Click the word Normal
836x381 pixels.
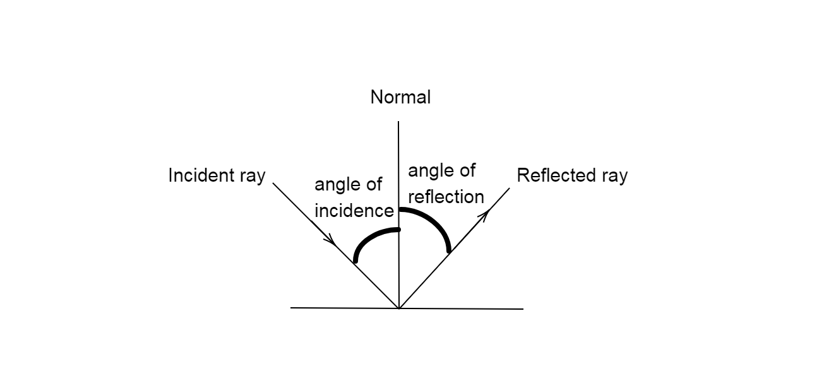pos(400,97)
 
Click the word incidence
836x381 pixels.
pos(354,211)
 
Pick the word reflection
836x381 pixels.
pos(446,197)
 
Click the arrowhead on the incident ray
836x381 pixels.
pos(330,240)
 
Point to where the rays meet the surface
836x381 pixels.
pos(399,308)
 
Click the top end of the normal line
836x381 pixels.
pos(399,122)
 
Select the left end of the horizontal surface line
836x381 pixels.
pos(291,308)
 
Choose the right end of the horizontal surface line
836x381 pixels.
pos(523,309)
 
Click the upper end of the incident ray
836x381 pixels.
pos(273,184)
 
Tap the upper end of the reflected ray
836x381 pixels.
pos(509,188)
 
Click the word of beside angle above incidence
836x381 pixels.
pos(374,184)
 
